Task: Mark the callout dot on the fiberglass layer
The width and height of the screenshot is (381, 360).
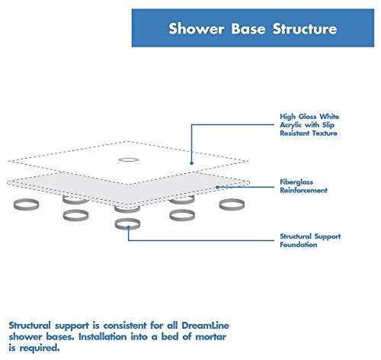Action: click(216, 187)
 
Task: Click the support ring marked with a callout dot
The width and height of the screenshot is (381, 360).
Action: click(127, 224)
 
